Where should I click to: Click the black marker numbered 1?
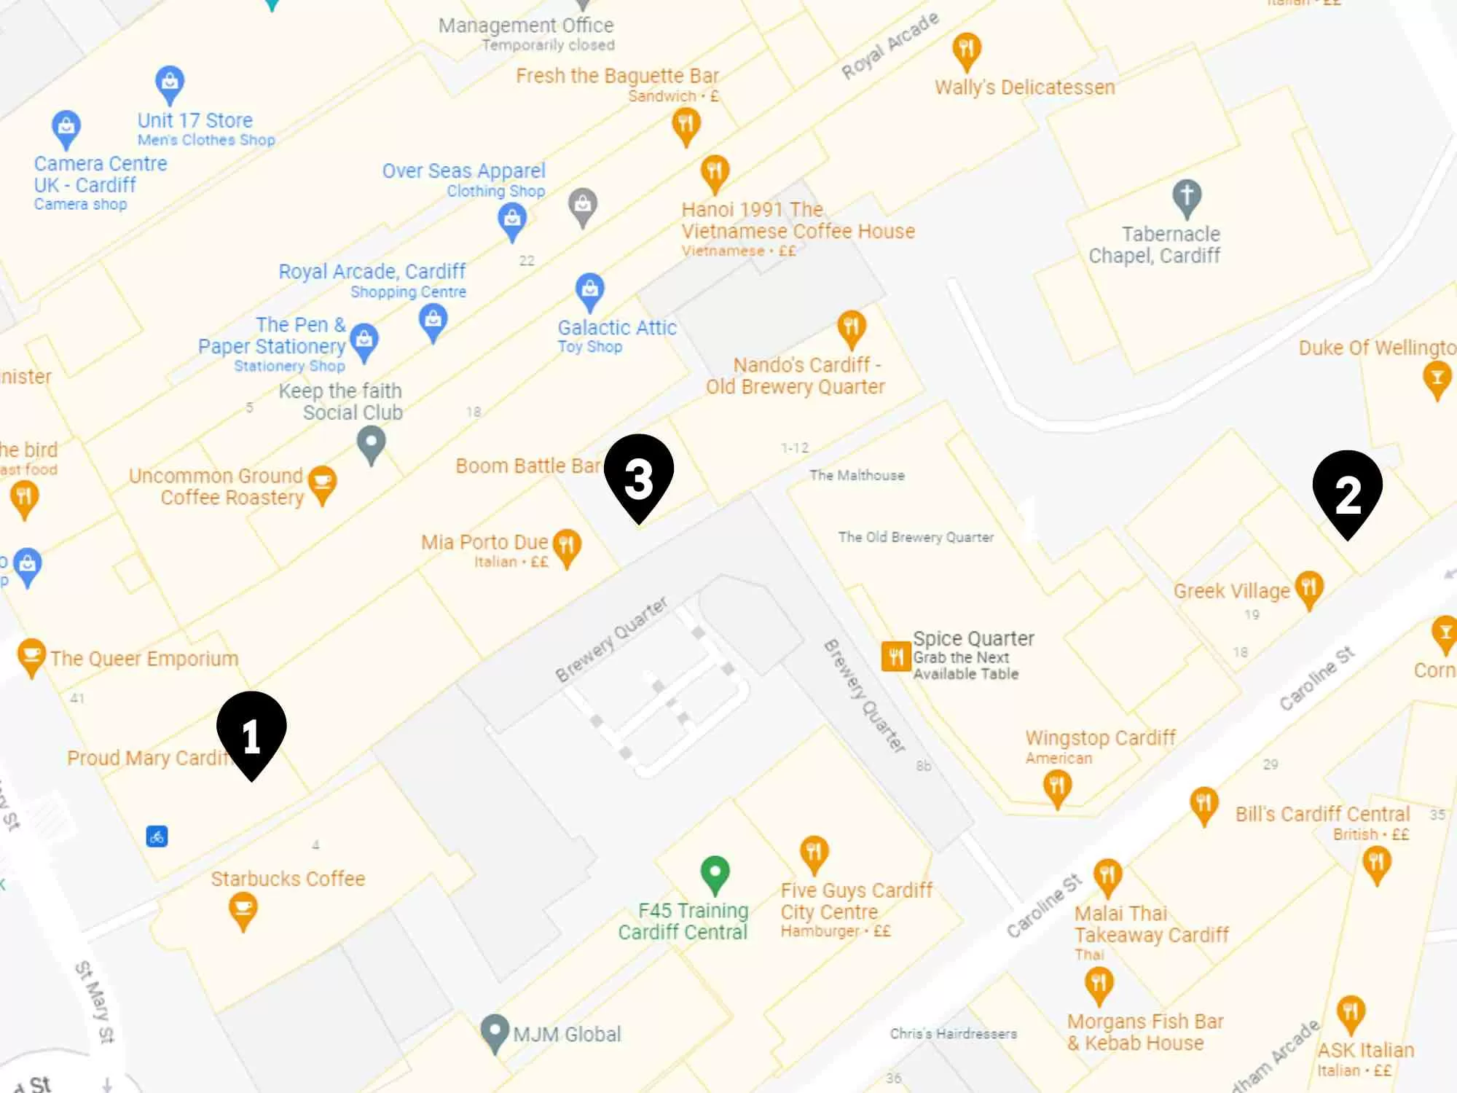coord(251,732)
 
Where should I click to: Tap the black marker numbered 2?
coord(1347,491)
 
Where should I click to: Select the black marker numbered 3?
coord(639,475)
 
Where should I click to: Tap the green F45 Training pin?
coord(715,872)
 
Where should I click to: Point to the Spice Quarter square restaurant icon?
coord(895,656)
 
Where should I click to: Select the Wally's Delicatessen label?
coord(1024,87)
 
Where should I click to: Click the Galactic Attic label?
coord(617,328)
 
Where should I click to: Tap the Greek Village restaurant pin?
coord(1308,588)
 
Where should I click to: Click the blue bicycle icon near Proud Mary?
coord(157,836)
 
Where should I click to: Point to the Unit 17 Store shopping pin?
coord(170,83)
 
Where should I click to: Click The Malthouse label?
coord(857,475)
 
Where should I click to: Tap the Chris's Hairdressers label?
coord(953,1033)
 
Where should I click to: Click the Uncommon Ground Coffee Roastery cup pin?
coord(322,483)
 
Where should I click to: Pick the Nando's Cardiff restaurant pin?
coord(851,327)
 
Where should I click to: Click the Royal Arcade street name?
coord(889,45)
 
